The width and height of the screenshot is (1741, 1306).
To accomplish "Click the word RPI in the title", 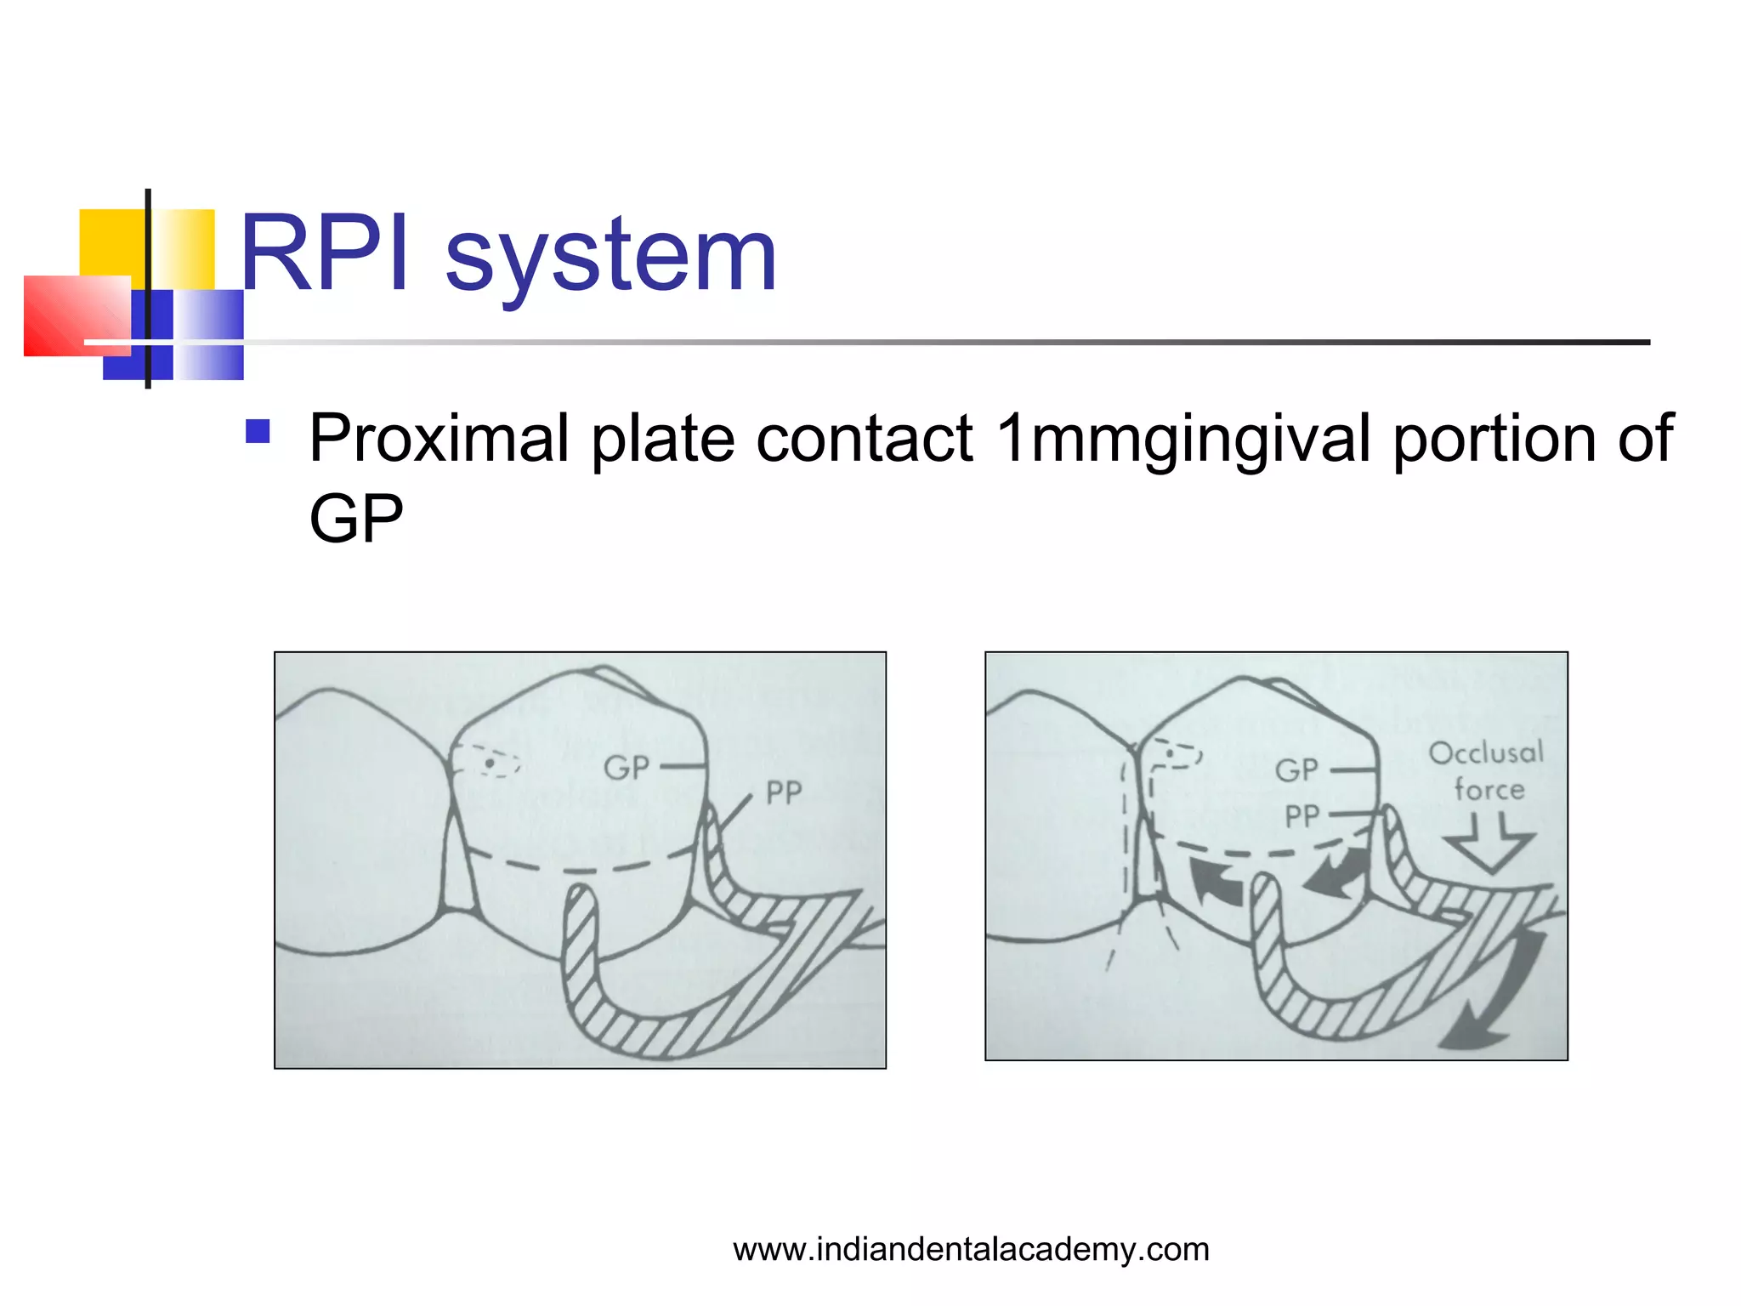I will pyautogui.click(x=324, y=254).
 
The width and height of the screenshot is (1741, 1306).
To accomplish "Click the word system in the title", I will pyautogui.click(x=610, y=256).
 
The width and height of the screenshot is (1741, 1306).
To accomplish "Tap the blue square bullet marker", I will pyautogui.click(x=258, y=432).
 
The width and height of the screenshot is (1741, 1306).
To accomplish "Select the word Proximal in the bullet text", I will pyautogui.click(x=438, y=439).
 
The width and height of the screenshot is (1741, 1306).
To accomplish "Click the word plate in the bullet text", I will pyautogui.click(x=662, y=439).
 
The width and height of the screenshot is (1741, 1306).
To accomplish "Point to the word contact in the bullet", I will pyautogui.click(x=864, y=439).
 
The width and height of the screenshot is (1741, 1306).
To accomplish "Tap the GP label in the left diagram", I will pyautogui.click(x=626, y=768).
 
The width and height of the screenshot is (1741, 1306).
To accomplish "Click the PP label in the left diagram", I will pyautogui.click(x=783, y=793).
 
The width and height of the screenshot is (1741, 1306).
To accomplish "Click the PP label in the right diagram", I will pyautogui.click(x=1301, y=817).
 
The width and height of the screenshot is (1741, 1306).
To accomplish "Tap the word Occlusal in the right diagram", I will pyautogui.click(x=1485, y=753).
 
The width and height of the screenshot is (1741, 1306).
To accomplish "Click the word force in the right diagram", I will pyautogui.click(x=1489, y=790).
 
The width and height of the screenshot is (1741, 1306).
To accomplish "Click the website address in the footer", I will pyautogui.click(x=971, y=1249).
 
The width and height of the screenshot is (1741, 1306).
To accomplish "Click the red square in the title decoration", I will pyautogui.click(x=77, y=315).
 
